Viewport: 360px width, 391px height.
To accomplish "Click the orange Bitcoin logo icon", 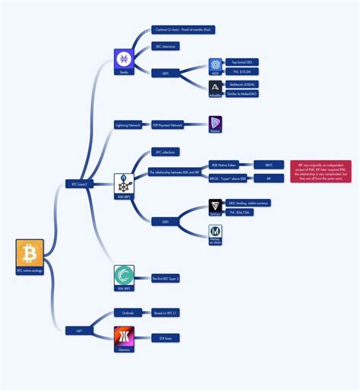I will click(30, 253).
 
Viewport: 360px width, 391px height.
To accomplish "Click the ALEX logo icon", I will click(216, 66).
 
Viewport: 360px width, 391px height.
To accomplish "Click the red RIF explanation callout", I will click(321, 171).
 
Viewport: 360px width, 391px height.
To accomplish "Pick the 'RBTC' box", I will click(268, 164).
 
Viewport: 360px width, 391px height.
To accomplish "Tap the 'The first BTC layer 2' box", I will click(168, 279).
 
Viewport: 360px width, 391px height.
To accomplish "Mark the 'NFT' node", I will click(78, 330).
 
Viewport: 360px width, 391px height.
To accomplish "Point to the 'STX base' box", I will click(166, 337).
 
